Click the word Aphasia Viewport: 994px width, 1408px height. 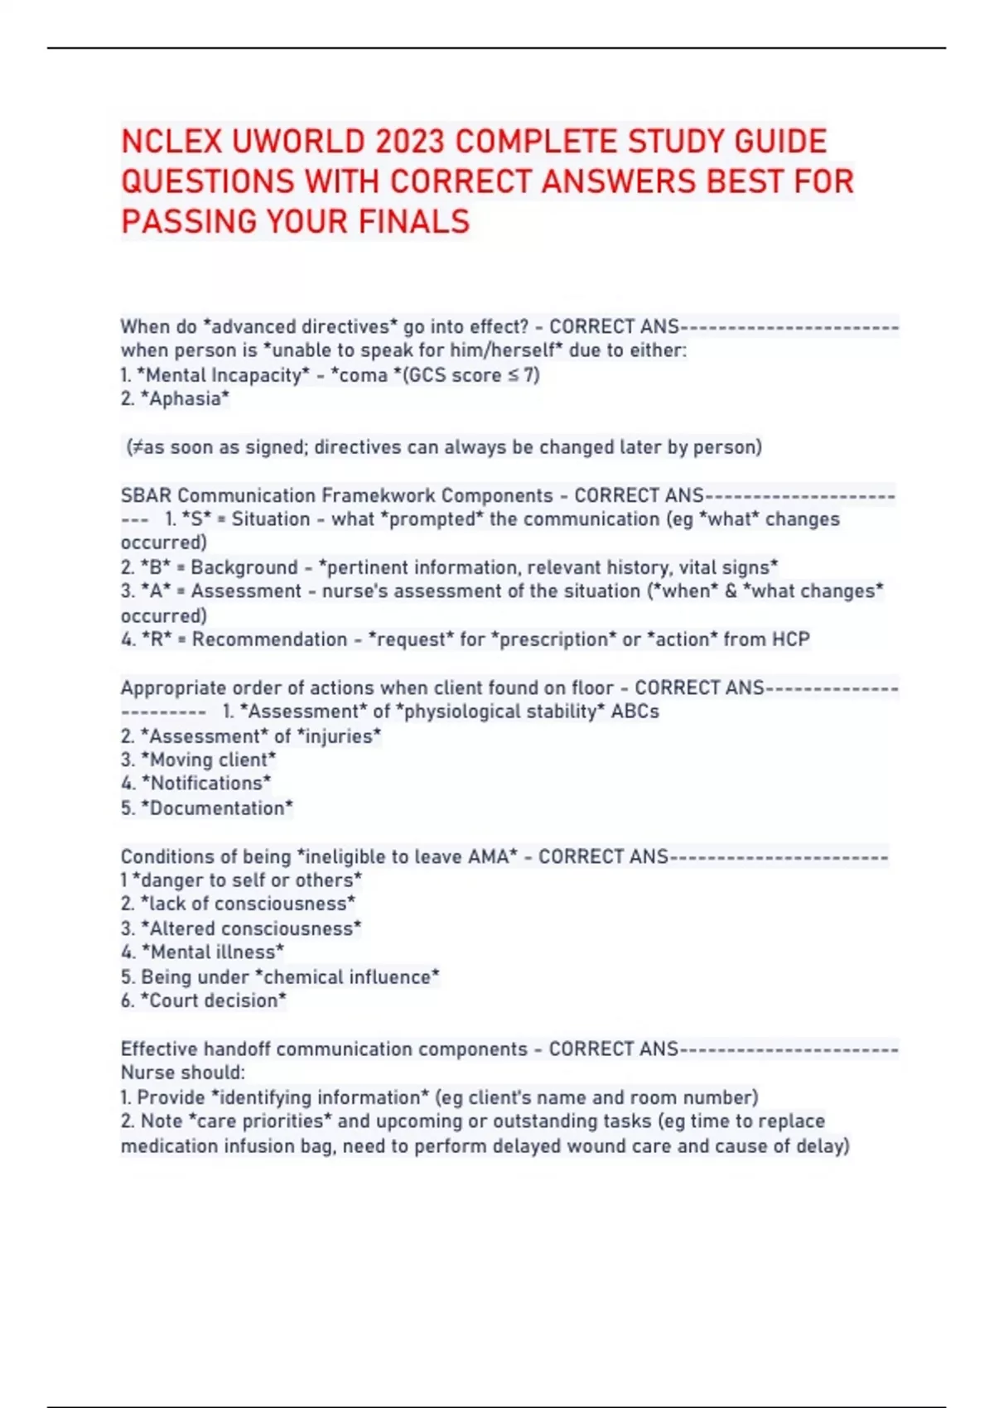[x=185, y=399]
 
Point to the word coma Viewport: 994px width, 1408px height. [x=364, y=375]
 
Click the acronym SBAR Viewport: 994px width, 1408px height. [x=146, y=495]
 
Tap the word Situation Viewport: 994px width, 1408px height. [x=270, y=519]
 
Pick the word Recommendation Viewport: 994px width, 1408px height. [x=269, y=639]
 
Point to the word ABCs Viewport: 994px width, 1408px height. [x=635, y=711]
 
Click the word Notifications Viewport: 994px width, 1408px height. [x=205, y=784]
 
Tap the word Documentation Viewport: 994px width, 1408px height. [x=216, y=808]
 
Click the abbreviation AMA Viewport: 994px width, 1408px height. [x=488, y=856]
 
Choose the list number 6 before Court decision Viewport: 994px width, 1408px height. [x=126, y=1001]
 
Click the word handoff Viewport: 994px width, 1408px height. [x=237, y=1049]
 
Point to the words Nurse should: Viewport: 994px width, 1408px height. [x=182, y=1073]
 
